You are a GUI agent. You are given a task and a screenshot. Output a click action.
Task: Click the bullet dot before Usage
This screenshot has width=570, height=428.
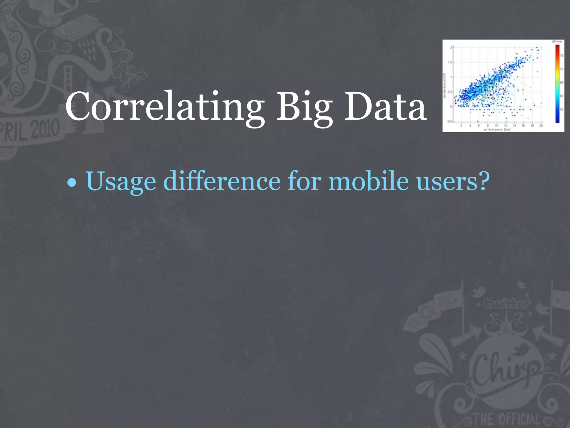[x=72, y=183]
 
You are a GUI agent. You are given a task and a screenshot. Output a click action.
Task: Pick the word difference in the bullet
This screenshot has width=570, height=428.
[x=222, y=181]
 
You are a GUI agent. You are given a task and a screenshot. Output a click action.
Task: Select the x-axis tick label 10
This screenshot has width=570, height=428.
[x=497, y=126]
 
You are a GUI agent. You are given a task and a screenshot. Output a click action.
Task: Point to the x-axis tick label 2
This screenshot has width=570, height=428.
[x=461, y=126]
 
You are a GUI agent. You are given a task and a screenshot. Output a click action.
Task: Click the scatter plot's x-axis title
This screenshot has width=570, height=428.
[x=497, y=130]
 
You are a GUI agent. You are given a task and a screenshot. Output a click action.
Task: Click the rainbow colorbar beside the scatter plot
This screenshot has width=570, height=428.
[x=557, y=84]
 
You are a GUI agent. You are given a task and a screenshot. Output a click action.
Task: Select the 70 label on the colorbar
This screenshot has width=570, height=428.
[x=562, y=69]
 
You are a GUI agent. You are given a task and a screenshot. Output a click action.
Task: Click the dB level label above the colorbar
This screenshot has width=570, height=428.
[x=557, y=42]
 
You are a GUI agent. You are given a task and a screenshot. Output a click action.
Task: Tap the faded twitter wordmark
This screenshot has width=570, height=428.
[x=507, y=303]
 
